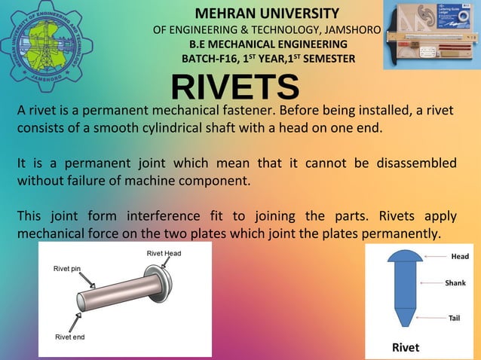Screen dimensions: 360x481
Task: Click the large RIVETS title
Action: point(234,88)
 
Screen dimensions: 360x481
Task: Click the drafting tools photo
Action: point(430,35)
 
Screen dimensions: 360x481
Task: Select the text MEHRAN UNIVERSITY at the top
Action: point(267,14)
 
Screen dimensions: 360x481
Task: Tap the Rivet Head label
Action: point(164,254)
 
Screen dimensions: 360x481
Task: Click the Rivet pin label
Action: point(67,269)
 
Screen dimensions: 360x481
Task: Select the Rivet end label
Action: point(70,337)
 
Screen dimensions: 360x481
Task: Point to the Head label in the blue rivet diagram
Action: point(459,257)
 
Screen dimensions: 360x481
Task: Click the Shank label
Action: point(455,283)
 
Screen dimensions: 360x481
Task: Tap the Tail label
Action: point(454,318)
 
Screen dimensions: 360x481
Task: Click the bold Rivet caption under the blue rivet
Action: point(405,347)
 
